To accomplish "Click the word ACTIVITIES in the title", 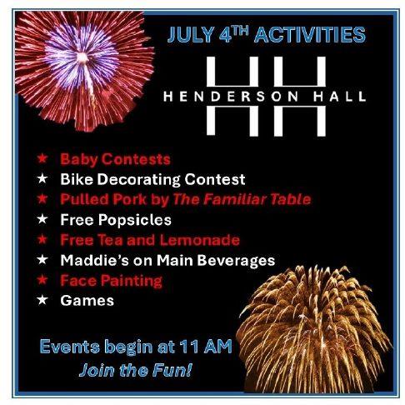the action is (310, 35).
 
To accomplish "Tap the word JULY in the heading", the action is (191, 35).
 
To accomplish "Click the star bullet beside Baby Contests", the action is (42, 158).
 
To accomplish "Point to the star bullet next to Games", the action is (42, 300).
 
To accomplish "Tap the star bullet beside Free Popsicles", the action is (42, 219).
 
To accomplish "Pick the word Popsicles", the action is (135, 220).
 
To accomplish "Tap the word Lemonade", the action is (199, 240).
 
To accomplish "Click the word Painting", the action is (132, 281).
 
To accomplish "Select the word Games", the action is (87, 301).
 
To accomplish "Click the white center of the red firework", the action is (82, 57).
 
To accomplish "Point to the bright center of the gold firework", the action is (302, 317).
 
